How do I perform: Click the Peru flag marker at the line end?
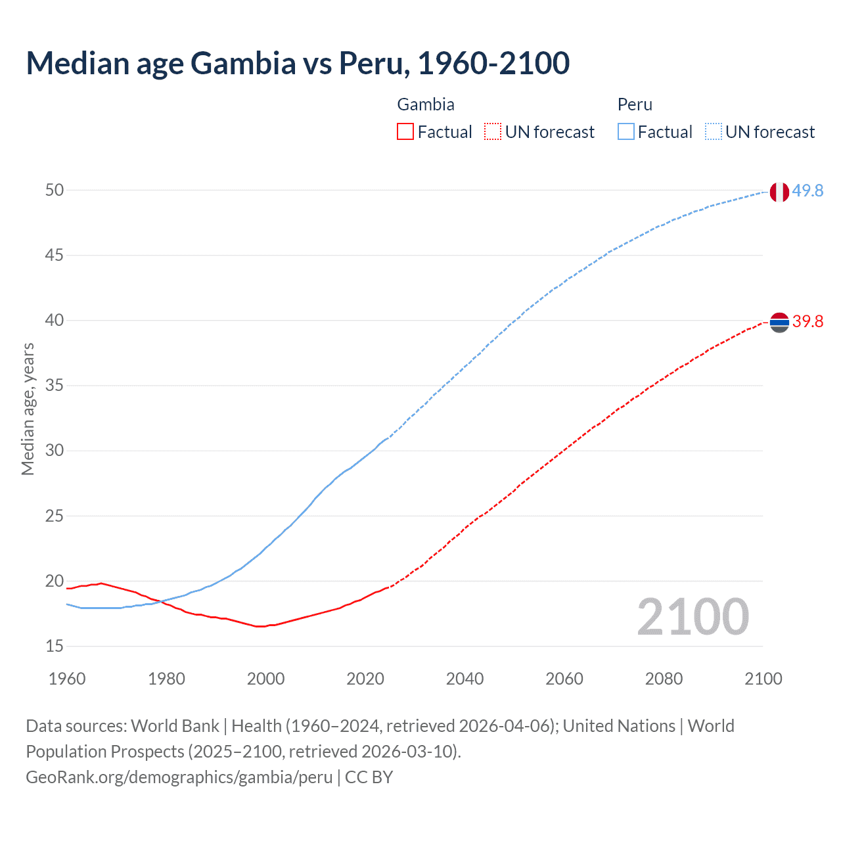click(x=779, y=192)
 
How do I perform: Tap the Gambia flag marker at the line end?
click(x=779, y=322)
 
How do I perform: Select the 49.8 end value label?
click(x=807, y=191)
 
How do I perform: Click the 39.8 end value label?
click(x=807, y=321)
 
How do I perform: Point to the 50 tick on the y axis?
click(x=55, y=190)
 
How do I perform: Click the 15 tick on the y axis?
click(x=55, y=646)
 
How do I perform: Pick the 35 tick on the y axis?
click(x=55, y=385)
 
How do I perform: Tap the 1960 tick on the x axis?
click(x=67, y=679)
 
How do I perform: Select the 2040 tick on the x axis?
click(x=465, y=679)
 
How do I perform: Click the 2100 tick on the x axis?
click(x=763, y=679)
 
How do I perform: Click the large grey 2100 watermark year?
click(x=693, y=616)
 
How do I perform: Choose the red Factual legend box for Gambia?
click(x=405, y=132)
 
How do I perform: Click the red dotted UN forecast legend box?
click(x=493, y=132)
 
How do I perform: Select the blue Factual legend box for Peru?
click(x=626, y=132)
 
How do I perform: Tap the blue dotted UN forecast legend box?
click(x=713, y=132)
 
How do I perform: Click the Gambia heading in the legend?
click(x=426, y=104)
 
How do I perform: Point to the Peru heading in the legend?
click(x=635, y=104)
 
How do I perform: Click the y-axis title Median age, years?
click(x=28, y=409)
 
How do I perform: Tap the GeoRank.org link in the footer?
click(x=179, y=777)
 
